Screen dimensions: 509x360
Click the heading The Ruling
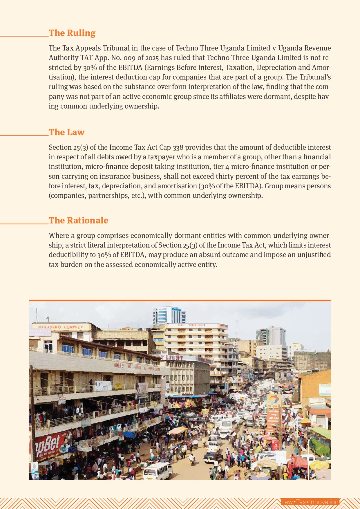pyautogui.click(x=72, y=33)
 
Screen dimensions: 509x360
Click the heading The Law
pyautogui.click(x=66, y=132)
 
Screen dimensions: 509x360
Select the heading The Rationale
pyautogui.click(x=78, y=221)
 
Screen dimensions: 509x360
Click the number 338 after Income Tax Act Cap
pyautogui.click(x=178, y=147)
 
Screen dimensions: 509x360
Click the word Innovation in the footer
pyautogui.click(x=324, y=502)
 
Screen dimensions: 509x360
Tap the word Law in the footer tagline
pyautogui.click(x=287, y=502)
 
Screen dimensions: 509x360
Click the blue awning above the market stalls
pyautogui.click(x=189, y=396)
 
